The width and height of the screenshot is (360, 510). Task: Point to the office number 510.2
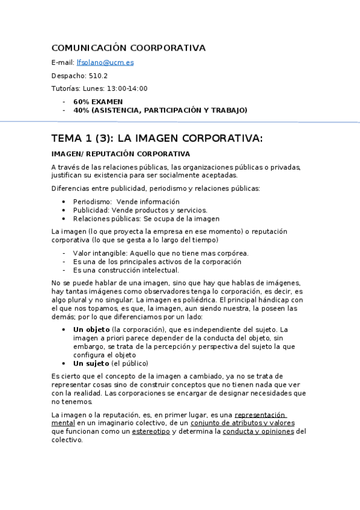(96, 75)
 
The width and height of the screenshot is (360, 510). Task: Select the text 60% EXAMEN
(98, 102)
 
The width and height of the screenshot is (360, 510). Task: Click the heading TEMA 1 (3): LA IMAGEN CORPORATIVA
(157, 138)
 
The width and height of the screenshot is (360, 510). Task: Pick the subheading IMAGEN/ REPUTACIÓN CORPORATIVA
(121, 154)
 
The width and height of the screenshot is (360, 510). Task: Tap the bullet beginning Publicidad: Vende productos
(140, 210)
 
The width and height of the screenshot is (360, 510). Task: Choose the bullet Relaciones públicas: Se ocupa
(146, 218)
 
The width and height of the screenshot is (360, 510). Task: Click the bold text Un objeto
(91, 330)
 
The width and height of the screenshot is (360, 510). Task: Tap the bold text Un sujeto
(91, 363)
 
